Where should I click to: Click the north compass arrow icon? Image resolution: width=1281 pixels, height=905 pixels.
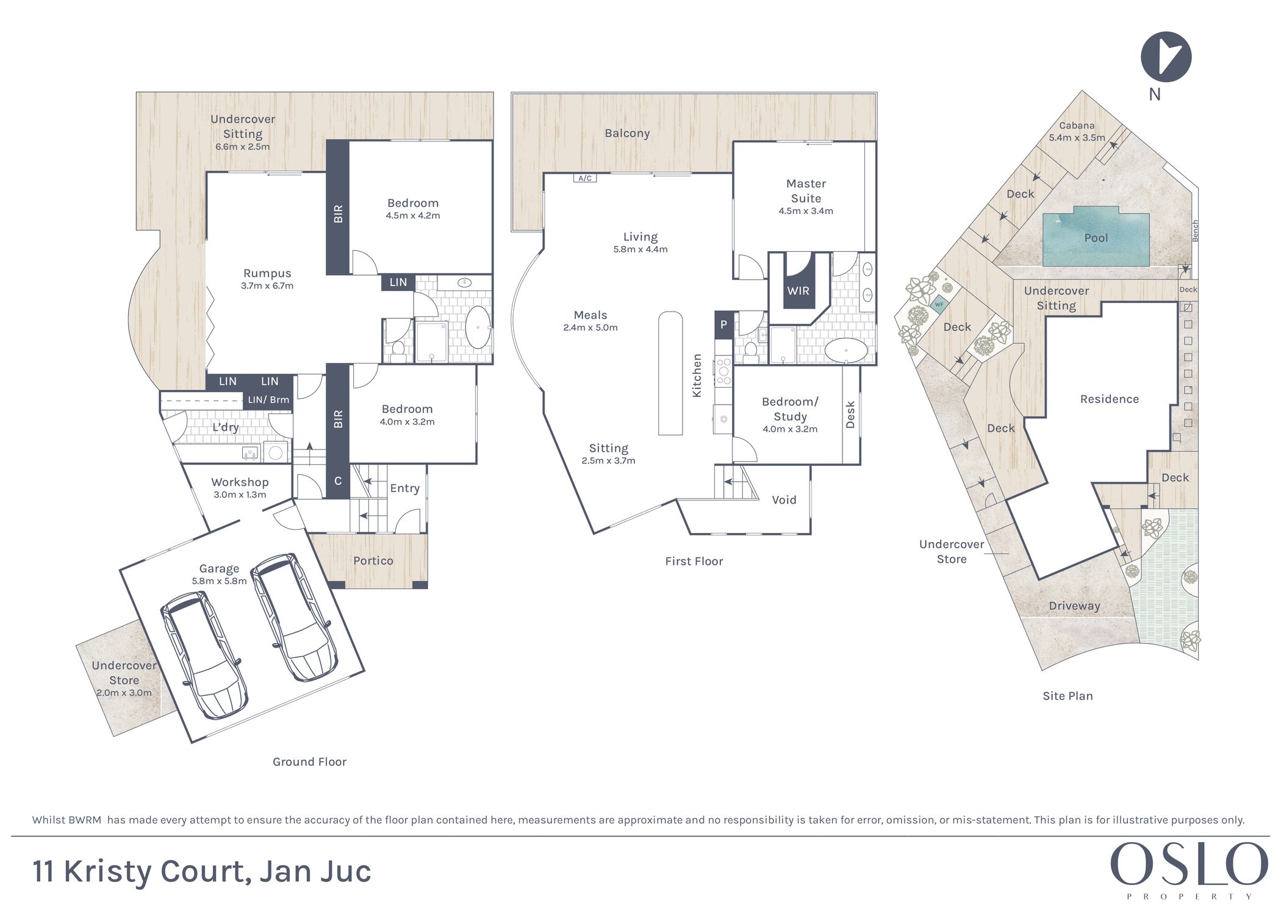[1166, 57]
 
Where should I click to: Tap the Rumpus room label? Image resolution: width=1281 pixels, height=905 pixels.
[267, 273]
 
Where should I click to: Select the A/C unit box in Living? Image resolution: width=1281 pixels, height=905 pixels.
[584, 178]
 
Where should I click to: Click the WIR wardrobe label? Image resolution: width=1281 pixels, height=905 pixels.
[798, 291]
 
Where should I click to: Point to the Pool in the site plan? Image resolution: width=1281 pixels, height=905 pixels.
[1096, 238]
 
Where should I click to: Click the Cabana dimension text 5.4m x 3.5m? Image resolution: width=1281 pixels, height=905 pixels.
[1077, 138]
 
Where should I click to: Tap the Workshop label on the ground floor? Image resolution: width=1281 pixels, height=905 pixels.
[240, 482]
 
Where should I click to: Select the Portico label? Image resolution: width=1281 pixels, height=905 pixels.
[373, 560]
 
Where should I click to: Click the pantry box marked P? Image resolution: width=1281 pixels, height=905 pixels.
[723, 325]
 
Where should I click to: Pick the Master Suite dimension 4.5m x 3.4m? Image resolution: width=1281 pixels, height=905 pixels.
[806, 211]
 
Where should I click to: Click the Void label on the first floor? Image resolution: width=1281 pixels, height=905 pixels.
[784, 500]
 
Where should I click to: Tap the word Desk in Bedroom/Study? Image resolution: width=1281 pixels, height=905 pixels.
[850, 414]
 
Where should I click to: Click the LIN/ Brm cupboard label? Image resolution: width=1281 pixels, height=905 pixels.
[268, 400]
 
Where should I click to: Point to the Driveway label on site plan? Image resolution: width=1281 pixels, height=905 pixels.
[1074, 606]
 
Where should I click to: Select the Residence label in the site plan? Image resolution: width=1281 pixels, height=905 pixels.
[1110, 399]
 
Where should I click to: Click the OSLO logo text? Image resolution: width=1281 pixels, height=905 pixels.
[1189, 864]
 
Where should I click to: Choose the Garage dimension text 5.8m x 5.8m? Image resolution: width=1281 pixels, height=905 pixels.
[219, 581]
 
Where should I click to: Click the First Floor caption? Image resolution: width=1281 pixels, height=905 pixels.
[694, 561]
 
